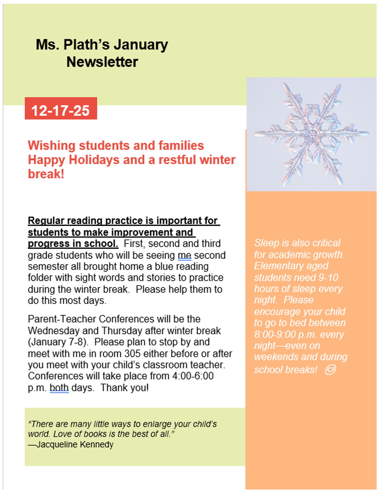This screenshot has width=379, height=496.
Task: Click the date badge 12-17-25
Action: [x=61, y=110]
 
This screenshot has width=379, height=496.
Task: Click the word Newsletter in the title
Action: [x=102, y=62]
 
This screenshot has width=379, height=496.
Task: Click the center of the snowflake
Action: [x=312, y=134]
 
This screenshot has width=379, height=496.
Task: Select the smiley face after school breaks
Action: [x=330, y=370]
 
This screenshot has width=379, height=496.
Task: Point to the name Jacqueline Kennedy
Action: [x=75, y=445]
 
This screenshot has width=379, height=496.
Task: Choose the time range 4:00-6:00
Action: [x=193, y=376]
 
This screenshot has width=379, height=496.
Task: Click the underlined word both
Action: [x=59, y=388]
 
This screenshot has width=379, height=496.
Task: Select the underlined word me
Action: [x=184, y=255]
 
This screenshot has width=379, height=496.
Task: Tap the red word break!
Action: [x=46, y=174]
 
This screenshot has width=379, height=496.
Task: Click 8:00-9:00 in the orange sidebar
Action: [x=275, y=334]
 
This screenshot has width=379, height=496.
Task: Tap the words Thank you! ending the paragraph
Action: [x=125, y=388]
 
